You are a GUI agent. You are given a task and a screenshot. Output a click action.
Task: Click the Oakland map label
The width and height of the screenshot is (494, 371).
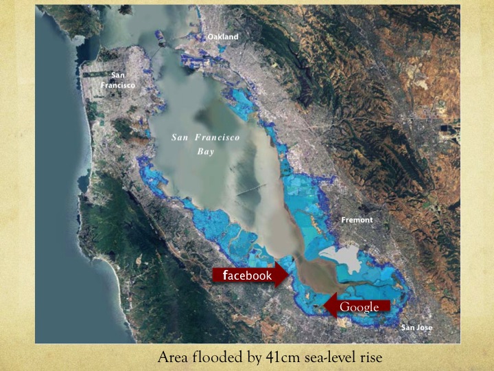223,36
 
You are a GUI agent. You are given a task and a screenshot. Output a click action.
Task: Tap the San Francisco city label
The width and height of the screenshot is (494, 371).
123,80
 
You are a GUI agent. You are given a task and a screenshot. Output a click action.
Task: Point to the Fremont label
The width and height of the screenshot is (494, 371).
357,220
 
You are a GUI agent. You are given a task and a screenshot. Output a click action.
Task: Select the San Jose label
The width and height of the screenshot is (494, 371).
416,328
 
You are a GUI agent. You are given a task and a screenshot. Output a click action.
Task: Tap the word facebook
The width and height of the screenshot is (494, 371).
247,276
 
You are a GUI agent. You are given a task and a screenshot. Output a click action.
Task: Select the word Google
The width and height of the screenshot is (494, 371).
359,306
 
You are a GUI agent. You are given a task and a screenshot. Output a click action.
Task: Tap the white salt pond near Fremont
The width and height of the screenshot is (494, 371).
340,258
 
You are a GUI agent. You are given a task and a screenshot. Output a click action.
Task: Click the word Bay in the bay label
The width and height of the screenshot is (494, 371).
206,152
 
